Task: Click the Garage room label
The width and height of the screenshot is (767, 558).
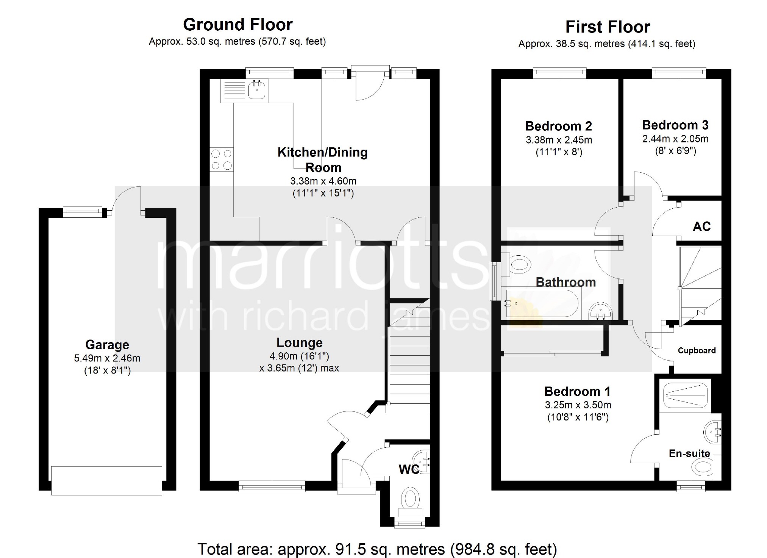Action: [x=107, y=345]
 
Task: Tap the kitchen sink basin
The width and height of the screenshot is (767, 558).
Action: [x=257, y=90]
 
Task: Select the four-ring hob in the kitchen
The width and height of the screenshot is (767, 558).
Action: [x=222, y=159]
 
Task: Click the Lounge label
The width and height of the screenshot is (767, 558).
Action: [x=299, y=342]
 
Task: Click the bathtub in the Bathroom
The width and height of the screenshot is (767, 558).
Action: [x=542, y=303]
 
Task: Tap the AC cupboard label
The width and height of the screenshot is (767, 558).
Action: [x=701, y=227]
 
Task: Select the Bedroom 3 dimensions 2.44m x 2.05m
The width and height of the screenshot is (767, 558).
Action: [x=675, y=139]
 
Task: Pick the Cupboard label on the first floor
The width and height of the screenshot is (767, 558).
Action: [x=697, y=350]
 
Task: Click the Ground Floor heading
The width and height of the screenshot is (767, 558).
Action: [x=238, y=25]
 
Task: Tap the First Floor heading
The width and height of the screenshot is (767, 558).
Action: [x=608, y=27]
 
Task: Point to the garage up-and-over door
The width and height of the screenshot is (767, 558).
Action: [x=107, y=480]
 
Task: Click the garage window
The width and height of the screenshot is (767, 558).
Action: [x=82, y=211]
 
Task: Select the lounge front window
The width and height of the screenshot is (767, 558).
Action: [x=272, y=486]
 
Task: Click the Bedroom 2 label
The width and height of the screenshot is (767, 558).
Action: [x=558, y=126]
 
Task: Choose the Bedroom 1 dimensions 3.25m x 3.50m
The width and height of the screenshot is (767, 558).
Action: [x=578, y=405]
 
